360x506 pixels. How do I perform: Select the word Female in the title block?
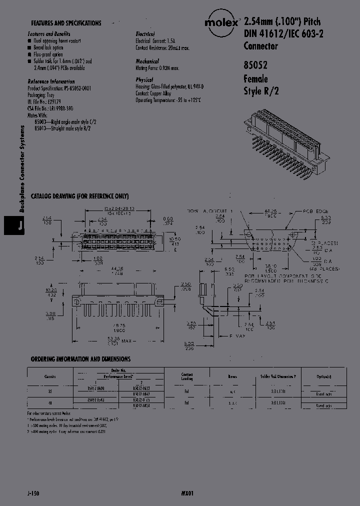255,79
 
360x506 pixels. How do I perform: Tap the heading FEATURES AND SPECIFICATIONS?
66,23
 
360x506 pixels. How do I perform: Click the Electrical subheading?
145,33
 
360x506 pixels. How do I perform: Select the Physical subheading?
144,80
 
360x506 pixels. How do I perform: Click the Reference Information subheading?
51,81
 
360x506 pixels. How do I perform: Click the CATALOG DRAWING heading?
79,196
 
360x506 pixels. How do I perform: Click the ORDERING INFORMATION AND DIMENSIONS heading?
80,359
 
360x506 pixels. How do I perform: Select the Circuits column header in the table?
49,376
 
